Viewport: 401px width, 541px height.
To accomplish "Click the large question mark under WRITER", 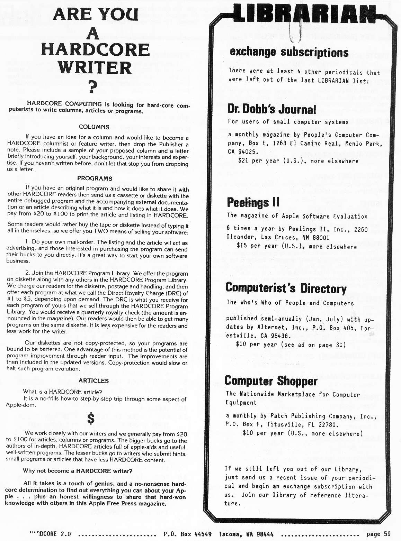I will click(x=92, y=87).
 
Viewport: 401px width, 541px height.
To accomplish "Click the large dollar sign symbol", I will click(x=91, y=419).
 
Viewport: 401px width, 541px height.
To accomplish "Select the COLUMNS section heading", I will click(x=94, y=127).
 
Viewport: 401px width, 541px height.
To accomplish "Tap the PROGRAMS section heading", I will click(x=95, y=178).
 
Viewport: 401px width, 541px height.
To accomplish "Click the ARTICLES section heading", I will click(x=93, y=380).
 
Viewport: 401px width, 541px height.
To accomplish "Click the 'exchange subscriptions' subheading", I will click(x=289, y=52).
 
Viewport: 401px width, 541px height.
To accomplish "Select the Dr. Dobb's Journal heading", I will click(x=271, y=109).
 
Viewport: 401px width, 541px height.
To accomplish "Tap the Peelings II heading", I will click(x=253, y=202).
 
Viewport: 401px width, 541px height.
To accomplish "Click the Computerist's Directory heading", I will click(x=286, y=288).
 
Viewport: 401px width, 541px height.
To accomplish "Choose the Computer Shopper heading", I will click(x=271, y=381).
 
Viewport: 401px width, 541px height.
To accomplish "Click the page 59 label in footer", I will click(x=378, y=534).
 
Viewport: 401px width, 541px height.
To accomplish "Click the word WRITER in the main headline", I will click(x=95, y=67).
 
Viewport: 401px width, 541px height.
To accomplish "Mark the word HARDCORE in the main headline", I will click(x=95, y=49).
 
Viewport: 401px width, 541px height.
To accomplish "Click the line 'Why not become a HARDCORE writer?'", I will click(x=78, y=471).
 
